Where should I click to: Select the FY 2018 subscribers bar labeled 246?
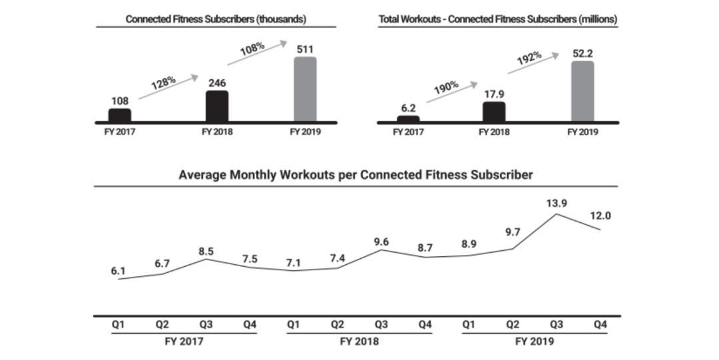(217, 106)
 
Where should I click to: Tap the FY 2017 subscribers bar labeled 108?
(119, 115)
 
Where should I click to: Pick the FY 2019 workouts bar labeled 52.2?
(583, 91)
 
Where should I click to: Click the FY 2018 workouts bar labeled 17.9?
(494, 112)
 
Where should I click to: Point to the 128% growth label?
(162, 84)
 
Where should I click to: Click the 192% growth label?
(530, 59)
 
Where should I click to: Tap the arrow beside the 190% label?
(452, 92)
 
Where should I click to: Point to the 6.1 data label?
(119, 271)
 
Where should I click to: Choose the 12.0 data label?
(600, 216)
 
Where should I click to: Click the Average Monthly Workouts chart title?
(356, 176)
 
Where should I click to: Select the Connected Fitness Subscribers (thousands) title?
(216, 19)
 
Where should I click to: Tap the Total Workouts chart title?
(497, 19)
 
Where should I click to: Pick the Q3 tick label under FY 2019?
(555, 325)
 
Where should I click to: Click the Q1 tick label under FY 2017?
(119, 325)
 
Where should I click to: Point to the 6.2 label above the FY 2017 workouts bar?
(408, 106)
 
